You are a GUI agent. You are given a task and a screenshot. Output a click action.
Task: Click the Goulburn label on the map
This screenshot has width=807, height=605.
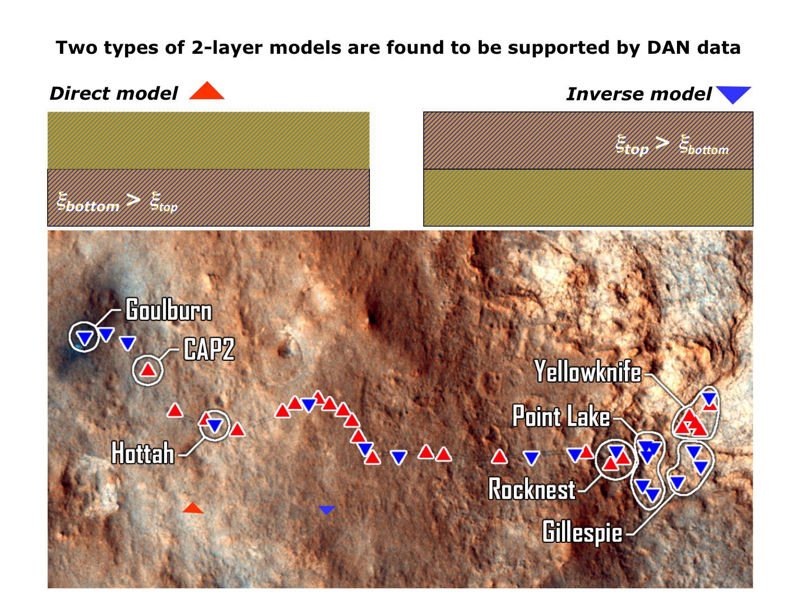click(x=169, y=310)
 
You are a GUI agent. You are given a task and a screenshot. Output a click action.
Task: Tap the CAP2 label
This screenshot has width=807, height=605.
click(x=209, y=350)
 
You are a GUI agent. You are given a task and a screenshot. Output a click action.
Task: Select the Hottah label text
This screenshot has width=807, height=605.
click(x=143, y=453)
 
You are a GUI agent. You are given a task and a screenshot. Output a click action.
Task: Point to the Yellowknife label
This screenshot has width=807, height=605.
click(x=587, y=371)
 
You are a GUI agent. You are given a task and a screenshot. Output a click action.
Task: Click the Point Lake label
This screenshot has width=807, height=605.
click(x=561, y=417)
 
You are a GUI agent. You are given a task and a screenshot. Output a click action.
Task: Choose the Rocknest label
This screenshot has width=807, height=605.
click(x=532, y=489)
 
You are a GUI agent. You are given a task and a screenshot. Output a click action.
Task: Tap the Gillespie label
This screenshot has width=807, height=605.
click(x=582, y=531)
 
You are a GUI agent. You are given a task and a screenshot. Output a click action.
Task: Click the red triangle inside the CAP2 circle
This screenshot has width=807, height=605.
click(x=147, y=370)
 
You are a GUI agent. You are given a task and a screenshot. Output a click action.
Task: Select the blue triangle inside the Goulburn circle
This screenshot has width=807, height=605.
click(x=85, y=338)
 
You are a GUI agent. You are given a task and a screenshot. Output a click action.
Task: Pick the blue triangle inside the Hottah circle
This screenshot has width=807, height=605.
click(x=215, y=426)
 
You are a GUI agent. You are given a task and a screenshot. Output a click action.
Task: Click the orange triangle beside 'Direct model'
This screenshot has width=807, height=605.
click(x=207, y=92)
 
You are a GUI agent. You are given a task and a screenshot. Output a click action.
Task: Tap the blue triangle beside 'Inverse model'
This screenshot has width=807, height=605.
click(x=734, y=95)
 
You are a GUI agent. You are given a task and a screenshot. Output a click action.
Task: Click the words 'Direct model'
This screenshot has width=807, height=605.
click(x=114, y=94)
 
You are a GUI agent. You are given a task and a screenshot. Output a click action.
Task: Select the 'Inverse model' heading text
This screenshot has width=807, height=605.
click(x=639, y=94)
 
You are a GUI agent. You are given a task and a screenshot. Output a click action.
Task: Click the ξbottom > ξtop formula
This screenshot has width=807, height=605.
click(x=117, y=202)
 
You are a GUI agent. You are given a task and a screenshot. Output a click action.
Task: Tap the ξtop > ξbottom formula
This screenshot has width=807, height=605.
click(x=672, y=145)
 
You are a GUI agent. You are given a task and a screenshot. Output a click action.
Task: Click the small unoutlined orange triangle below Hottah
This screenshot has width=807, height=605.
click(x=193, y=508)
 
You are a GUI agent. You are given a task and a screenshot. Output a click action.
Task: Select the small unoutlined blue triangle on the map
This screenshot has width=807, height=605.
click(x=327, y=510)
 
